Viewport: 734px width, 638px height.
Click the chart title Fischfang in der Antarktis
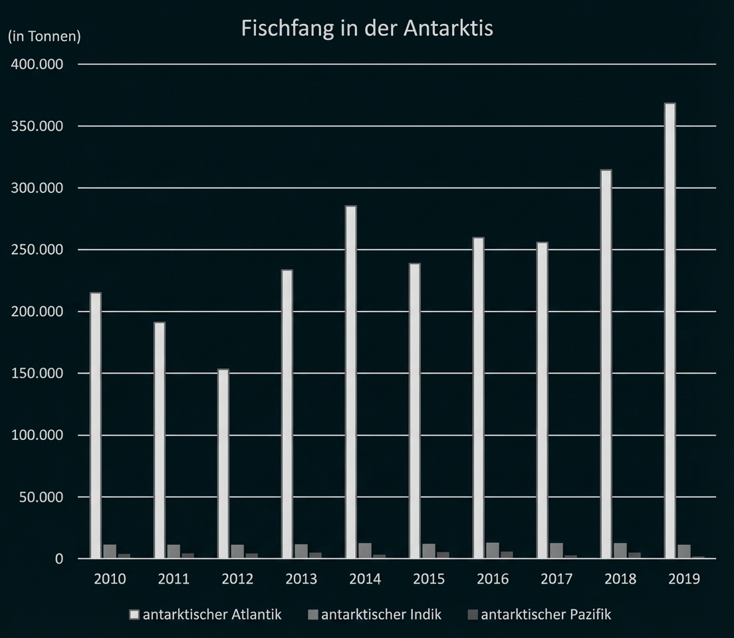click(x=366, y=29)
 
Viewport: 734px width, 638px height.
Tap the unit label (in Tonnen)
click(x=44, y=37)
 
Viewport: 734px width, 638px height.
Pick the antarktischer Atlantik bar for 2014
click(x=350, y=382)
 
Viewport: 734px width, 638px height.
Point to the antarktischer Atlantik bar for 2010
click(x=96, y=425)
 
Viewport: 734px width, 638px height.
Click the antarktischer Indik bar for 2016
click(x=493, y=551)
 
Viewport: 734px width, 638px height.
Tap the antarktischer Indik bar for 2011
click(x=174, y=552)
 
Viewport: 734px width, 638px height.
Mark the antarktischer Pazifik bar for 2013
click(x=315, y=555)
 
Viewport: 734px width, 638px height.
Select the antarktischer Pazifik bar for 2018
click(x=634, y=555)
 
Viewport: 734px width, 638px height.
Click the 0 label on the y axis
click(x=59, y=559)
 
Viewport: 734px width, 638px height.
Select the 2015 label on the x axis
click(x=429, y=579)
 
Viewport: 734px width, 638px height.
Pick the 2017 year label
click(x=556, y=579)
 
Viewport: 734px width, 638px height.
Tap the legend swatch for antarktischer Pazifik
click(x=473, y=615)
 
